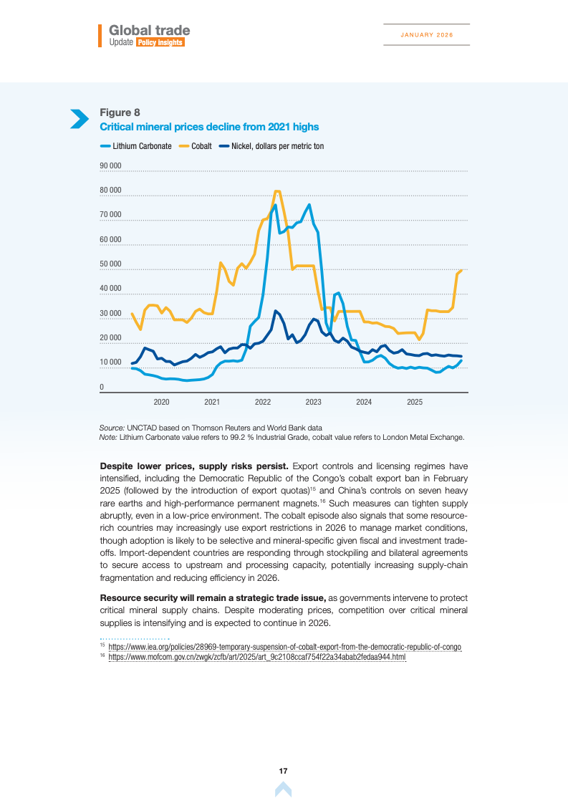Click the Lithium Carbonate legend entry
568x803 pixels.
point(142,146)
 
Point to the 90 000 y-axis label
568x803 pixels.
point(110,165)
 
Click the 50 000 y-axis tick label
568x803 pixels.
point(110,264)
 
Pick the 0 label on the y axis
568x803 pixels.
point(102,388)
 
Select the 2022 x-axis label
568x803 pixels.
point(263,402)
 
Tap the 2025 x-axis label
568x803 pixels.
point(415,402)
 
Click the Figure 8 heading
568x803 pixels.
point(120,112)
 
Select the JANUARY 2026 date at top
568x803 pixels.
point(427,34)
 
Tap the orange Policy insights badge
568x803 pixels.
point(160,43)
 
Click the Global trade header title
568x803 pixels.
point(150,31)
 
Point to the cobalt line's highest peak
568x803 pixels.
point(277,191)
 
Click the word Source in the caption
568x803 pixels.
point(112,427)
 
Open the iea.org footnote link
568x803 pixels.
point(284,647)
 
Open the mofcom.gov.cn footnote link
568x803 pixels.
point(257,657)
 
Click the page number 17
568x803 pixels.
point(283,771)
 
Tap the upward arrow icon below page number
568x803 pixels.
point(283,789)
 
